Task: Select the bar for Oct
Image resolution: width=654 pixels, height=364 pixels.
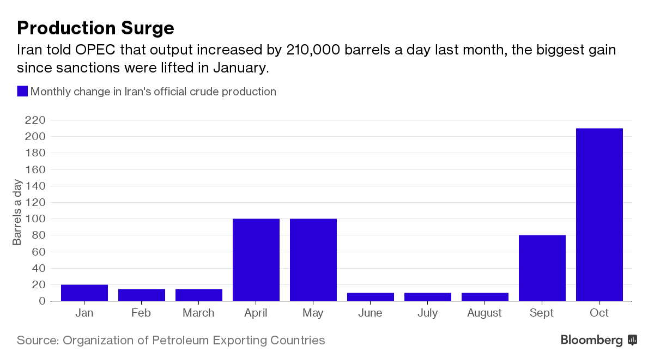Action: (x=599, y=215)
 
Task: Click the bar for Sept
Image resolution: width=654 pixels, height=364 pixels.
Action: (x=542, y=268)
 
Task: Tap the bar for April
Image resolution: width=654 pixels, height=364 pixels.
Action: (x=256, y=260)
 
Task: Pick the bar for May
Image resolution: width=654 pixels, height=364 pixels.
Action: (x=313, y=260)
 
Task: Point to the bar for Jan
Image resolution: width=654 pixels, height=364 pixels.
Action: (x=84, y=293)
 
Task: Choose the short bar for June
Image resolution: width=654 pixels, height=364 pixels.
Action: (x=371, y=297)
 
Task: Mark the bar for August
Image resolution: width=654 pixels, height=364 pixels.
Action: (x=485, y=297)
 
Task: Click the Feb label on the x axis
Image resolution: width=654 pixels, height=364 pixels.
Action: (x=141, y=313)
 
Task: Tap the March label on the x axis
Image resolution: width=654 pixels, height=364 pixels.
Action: (x=198, y=313)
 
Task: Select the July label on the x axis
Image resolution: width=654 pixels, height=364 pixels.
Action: (x=427, y=313)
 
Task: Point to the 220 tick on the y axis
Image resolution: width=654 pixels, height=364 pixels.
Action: (x=35, y=120)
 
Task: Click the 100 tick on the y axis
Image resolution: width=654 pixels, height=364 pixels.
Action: (x=35, y=219)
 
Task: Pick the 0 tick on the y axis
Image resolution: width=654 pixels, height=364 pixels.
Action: (x=43, y=301)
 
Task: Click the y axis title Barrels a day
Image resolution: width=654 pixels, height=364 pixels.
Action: (x=17, y=212)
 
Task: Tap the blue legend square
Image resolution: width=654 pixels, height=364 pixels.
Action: (x=22, y=91)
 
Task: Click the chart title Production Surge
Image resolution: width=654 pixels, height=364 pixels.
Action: (x=95, y=28)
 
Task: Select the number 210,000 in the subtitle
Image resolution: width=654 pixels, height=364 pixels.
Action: (x=313, y=50)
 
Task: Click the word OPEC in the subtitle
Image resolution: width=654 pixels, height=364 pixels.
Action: (x=95, y=50)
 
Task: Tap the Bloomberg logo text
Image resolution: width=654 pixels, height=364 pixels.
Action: (x=591, y=341)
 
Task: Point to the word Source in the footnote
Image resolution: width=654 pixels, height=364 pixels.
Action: (x=38, y=341)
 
